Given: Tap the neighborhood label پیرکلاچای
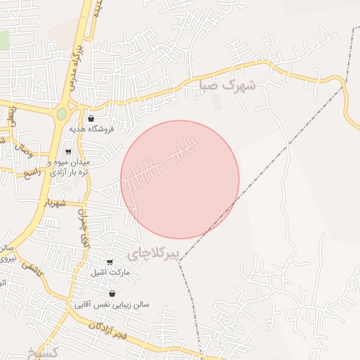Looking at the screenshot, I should pyautogui.click(x=154, y=252).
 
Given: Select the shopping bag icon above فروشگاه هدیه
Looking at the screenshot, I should pyautogui.click(x=91, y=119).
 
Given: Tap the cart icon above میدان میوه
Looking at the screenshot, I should pyautogui.click(x=68, y=151).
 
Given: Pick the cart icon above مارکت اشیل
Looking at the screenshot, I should pyautogui.click(x=109, y=262).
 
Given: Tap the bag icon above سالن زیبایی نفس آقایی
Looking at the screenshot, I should pyautogui.click(x=112, y=294).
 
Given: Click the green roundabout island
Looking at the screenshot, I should pyautogui.click(x=62, y=113).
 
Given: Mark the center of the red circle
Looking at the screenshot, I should pyautogui.click(x=180, y=179).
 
